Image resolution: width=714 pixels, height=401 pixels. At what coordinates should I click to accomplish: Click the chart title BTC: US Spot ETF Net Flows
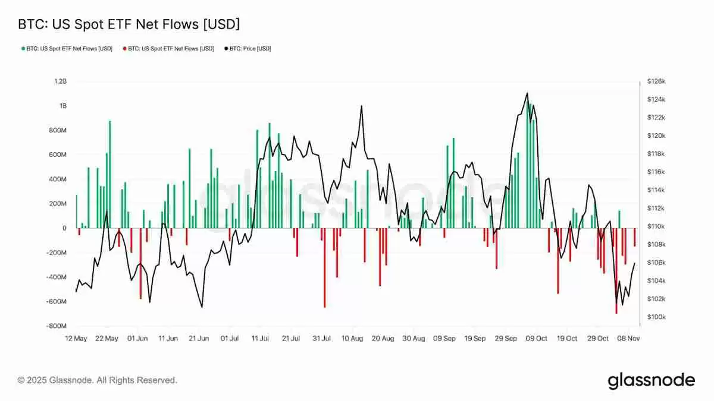tap(129, 25)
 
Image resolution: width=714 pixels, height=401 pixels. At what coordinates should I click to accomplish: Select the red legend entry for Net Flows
tap(168, 49)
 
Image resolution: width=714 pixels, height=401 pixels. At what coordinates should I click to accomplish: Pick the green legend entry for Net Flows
tap(67, 49)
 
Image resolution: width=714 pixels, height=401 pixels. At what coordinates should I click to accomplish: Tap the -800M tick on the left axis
tap(57, 326)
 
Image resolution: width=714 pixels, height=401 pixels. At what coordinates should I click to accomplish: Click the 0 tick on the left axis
tap(64, 228)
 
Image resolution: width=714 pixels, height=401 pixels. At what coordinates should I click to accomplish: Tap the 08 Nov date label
tap(629, 338)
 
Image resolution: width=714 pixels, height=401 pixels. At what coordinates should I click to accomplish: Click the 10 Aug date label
tap(352, 338)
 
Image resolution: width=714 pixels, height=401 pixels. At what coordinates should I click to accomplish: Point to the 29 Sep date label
tap(506, 338)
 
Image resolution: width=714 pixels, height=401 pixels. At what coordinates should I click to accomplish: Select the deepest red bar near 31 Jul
tap(324, 267)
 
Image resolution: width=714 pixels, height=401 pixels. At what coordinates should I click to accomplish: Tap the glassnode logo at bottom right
tap(651, 380)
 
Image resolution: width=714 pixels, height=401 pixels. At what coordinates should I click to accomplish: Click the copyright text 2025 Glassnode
tap(97, 380)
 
